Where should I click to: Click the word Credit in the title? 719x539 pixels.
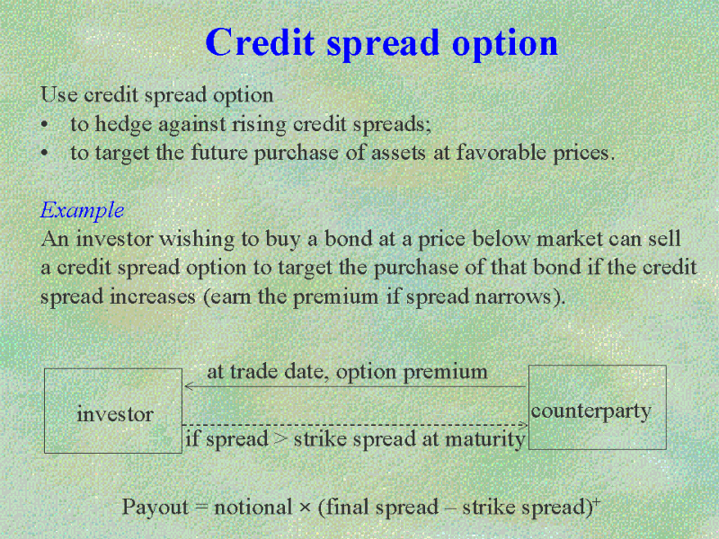(260, 41)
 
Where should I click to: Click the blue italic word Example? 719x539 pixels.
(82, 211)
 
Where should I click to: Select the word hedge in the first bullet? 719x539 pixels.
(123, 125)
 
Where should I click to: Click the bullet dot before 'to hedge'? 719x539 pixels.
(44, 125)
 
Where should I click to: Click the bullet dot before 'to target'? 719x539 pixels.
(44, 154)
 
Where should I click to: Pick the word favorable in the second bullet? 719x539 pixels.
(501, 152)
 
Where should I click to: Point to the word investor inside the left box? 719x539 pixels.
(115, 414)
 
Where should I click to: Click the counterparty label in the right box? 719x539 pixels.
(591, 411)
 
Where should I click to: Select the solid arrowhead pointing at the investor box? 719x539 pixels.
(189, 386)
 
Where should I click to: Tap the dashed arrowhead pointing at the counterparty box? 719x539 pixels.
(523, 425)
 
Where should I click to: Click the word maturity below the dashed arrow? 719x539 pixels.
(485, 440)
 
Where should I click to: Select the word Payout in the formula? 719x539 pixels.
(155, 508)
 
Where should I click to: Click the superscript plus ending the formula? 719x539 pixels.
(596, 500)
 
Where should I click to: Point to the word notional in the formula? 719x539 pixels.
(253, 508)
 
